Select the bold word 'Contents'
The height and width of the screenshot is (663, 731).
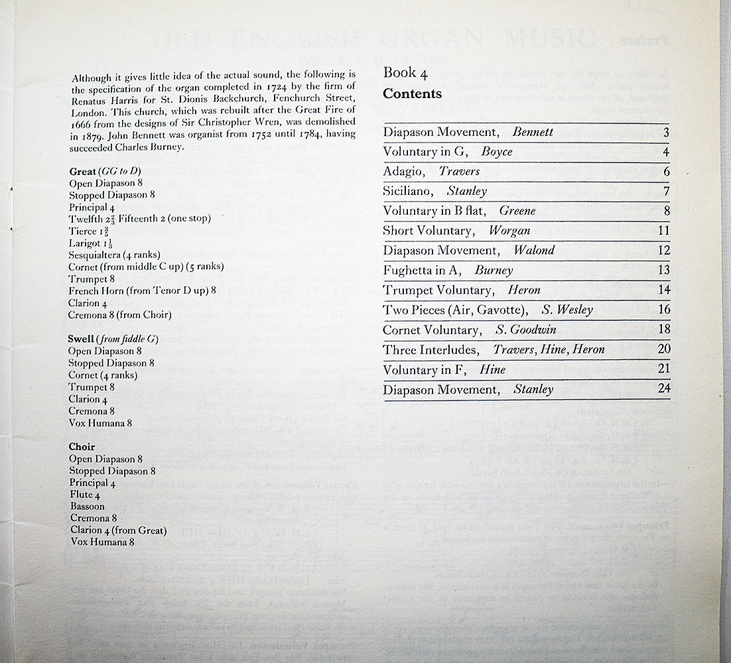(412, 93)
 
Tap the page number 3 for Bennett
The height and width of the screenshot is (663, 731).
(665, 132)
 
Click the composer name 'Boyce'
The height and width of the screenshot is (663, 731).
(497, 152)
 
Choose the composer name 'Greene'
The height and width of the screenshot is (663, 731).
(517, 211)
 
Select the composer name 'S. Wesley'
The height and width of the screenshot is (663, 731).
(567, 310)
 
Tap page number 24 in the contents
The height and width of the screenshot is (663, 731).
(663, 389)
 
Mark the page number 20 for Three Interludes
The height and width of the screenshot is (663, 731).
(663, 349)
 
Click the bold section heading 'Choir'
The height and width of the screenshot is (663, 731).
(82, 447)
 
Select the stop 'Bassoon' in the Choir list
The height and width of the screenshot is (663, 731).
(87, 507)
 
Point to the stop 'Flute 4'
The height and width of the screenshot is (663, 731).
(85, 495)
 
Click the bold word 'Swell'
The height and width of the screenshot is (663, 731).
(81, 339)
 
